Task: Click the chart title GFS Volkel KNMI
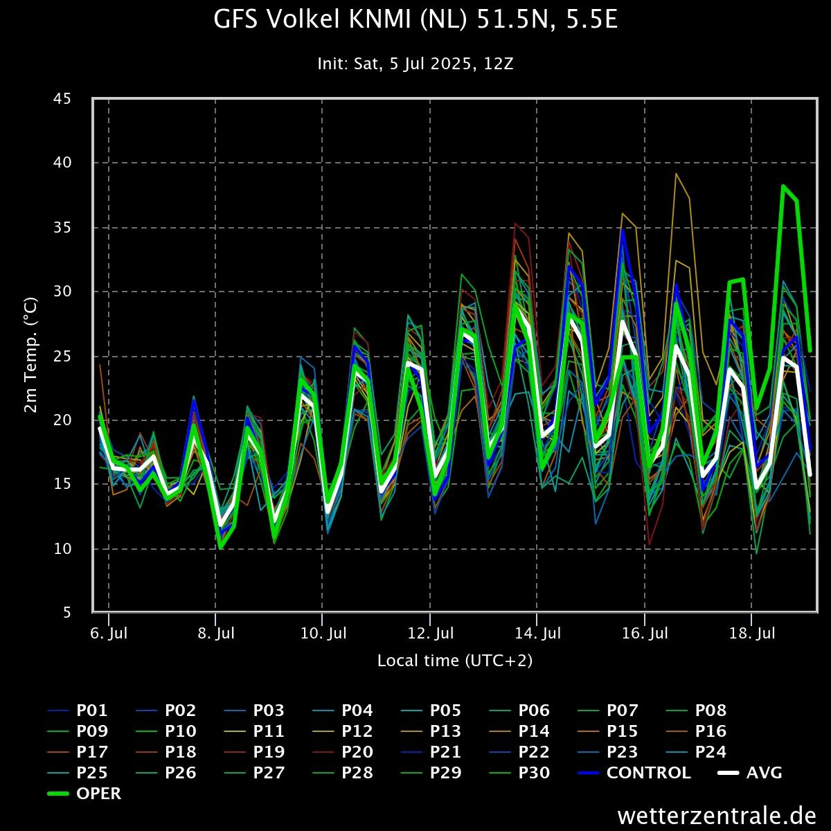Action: click(415, 20)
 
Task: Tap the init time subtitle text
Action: click(415, 64)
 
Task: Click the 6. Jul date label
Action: click(109, 633)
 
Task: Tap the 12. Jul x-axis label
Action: click(430, 633)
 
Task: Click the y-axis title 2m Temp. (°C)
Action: click(31, 355)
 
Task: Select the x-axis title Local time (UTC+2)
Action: click(455, 661)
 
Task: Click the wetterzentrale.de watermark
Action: click(716, 815)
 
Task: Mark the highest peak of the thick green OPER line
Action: click(783, 186)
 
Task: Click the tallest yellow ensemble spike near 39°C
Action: click(676, 173)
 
